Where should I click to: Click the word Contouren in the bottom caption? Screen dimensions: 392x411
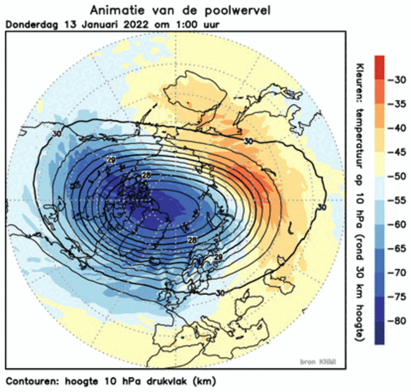point(30,382)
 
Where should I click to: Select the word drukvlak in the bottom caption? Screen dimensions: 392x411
point(168,382)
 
